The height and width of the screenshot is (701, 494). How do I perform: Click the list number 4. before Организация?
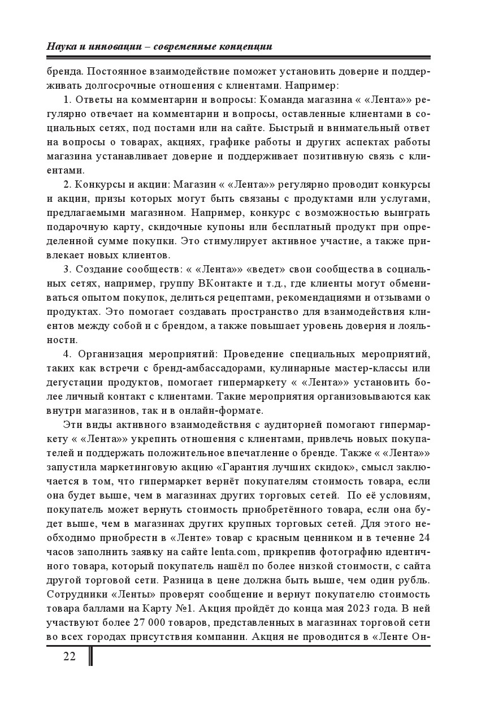tap(67, 354)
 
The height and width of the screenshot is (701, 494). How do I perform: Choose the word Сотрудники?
tap(73, 594)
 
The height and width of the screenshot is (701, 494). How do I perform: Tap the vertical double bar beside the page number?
tap(90, 656)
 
